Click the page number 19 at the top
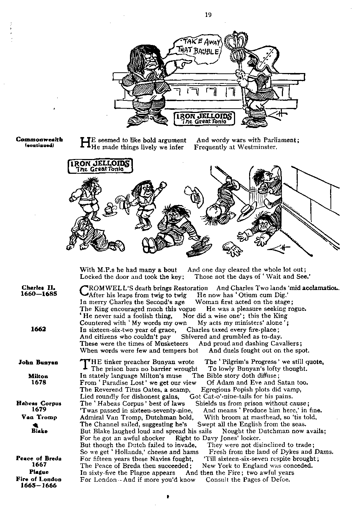(208, 15)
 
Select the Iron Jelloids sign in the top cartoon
(204, 118)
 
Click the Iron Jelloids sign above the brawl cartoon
(100, 165)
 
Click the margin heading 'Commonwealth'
(40, 140)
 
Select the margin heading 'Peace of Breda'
(39, 458)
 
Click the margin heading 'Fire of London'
(39, 479)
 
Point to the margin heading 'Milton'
(38, 376)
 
